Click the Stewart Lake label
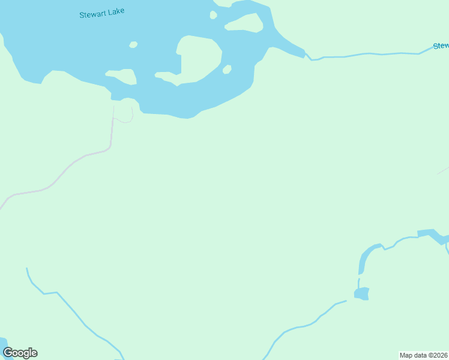tap(102, 13)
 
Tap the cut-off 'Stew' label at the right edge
tap(440, 46)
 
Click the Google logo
tap(20, 353)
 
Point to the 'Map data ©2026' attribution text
tap(424, 355)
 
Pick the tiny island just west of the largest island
tap(133, 44)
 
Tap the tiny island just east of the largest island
tap(227, 70)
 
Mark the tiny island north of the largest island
tap(213, 15)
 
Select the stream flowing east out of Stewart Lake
tap(366, 55)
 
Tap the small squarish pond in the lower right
tap(361, 293)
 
